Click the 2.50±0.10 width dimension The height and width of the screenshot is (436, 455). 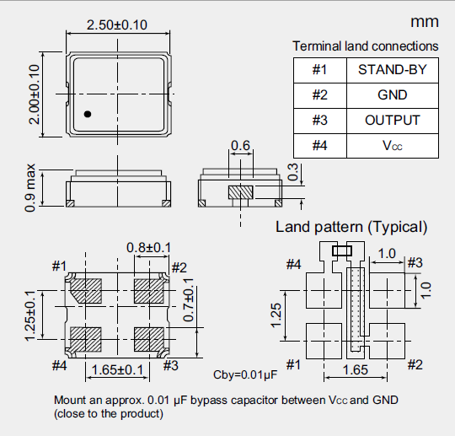[117, 25]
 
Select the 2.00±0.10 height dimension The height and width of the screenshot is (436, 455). [35, 94]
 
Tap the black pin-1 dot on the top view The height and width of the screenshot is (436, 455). [87, 113]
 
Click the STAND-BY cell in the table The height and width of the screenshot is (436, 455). [393, 69]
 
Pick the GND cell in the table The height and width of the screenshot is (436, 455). [393, 94]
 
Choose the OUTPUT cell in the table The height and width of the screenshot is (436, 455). [393, 120]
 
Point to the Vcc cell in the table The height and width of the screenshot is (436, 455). [393, 145]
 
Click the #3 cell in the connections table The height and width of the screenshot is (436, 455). [319, 120]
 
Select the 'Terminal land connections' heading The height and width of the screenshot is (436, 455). [365, 46]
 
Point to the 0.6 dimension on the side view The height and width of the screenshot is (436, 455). [241, 147]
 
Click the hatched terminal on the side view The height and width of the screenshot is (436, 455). [241, 192]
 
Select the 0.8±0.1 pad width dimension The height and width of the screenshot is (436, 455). [149, 247]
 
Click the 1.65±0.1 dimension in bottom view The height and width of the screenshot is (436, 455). [119, 369]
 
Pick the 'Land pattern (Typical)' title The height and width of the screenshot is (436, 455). [351, 227]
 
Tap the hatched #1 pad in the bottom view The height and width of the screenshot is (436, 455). [85, 291]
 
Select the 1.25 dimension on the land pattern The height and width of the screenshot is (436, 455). [275, 315]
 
